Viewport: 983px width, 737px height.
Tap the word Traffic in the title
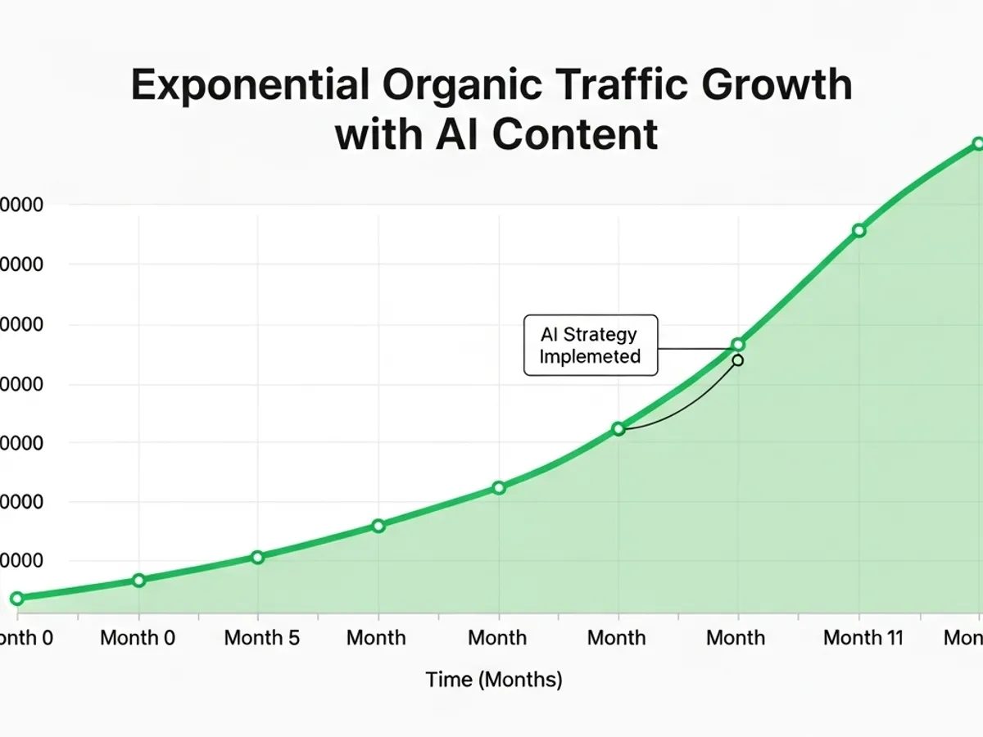(x=609, y=86)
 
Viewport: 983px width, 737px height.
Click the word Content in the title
(x=575, y=134)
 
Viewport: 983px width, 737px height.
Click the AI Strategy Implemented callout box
(x=590, y=345)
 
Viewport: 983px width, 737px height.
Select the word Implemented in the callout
(x=590, y=356)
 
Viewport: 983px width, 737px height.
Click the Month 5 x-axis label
(x=262, y=638)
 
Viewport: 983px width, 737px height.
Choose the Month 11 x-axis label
(x=863, y=638)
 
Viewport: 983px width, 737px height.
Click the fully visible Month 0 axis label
(x=138, y=638)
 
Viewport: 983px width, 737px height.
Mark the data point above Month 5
(x=257, y=557)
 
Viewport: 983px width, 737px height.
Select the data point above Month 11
(x=858, y=230)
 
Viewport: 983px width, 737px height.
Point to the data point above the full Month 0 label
(x=138, y=580)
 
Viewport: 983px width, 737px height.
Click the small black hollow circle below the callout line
(x=738, y=360)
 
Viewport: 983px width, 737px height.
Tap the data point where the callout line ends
(x=738, y=344)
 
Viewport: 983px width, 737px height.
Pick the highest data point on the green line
(x=977, y=143)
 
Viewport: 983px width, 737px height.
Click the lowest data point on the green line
(x=17, y=599)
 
